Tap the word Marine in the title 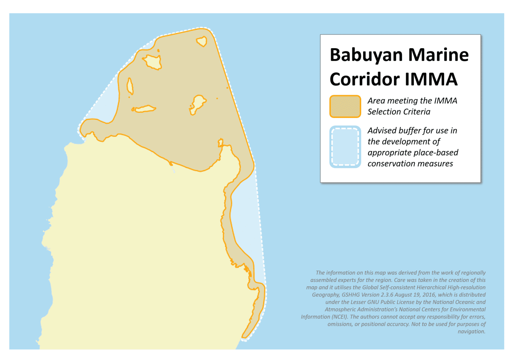click(438, 55)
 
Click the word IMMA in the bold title click(431, 79)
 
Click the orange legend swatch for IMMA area click(345, 106)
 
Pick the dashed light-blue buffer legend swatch click(345, 147)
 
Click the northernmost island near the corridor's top click(202, 42)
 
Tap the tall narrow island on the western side click(130, 86)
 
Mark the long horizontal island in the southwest click(145, 109)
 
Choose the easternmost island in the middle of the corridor click(198, 102)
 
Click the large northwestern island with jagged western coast click(153, 62)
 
